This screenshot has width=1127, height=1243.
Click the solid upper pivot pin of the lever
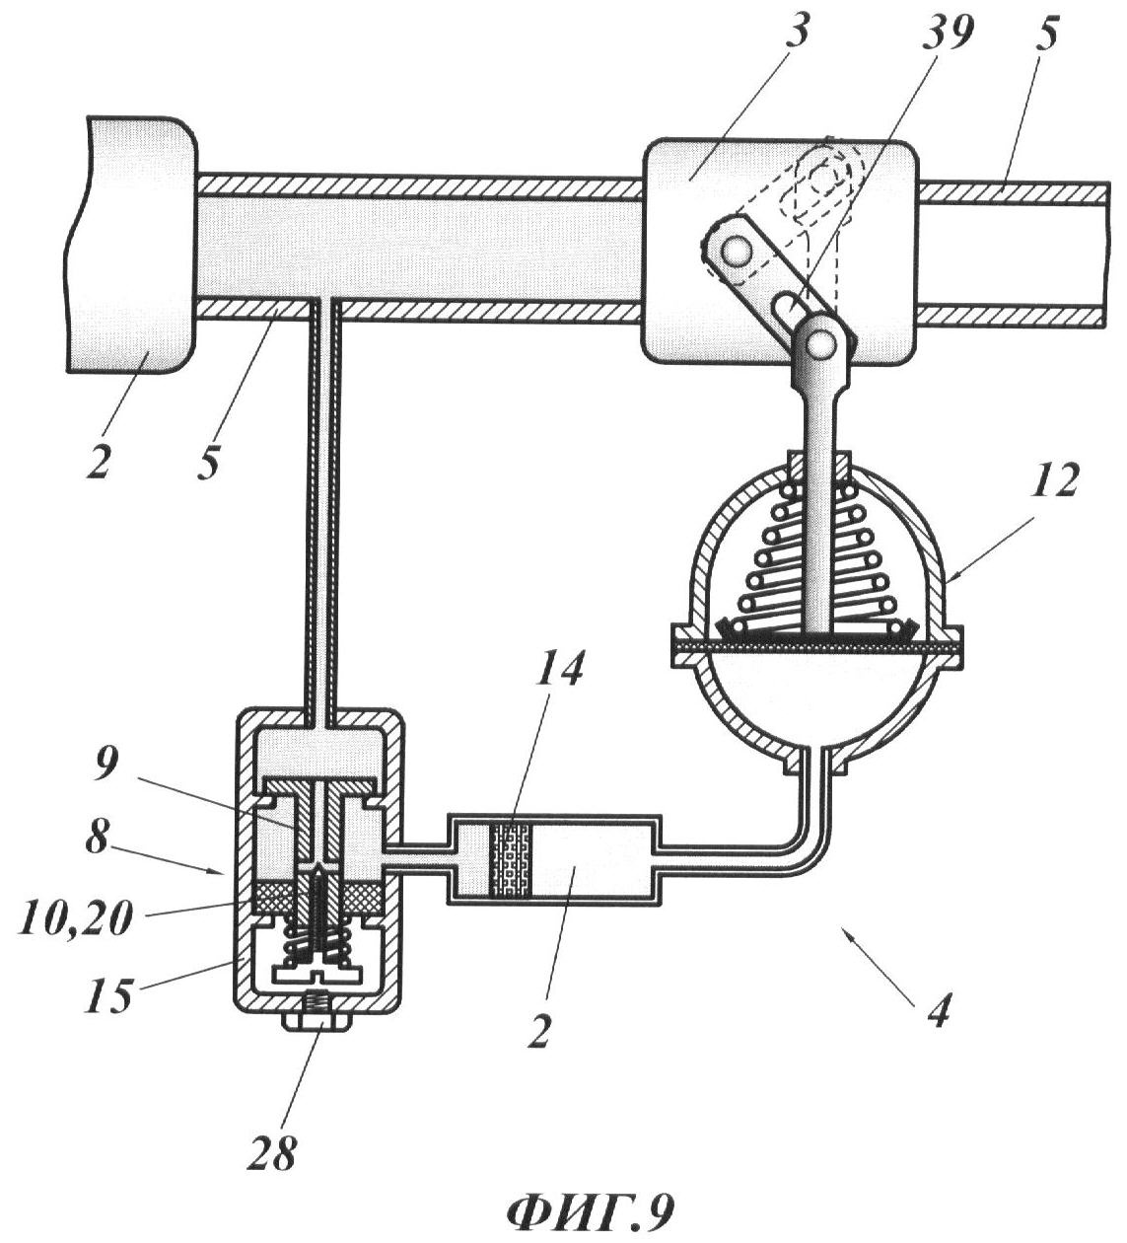738,253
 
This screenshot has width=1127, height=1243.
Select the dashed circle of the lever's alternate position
821,184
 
